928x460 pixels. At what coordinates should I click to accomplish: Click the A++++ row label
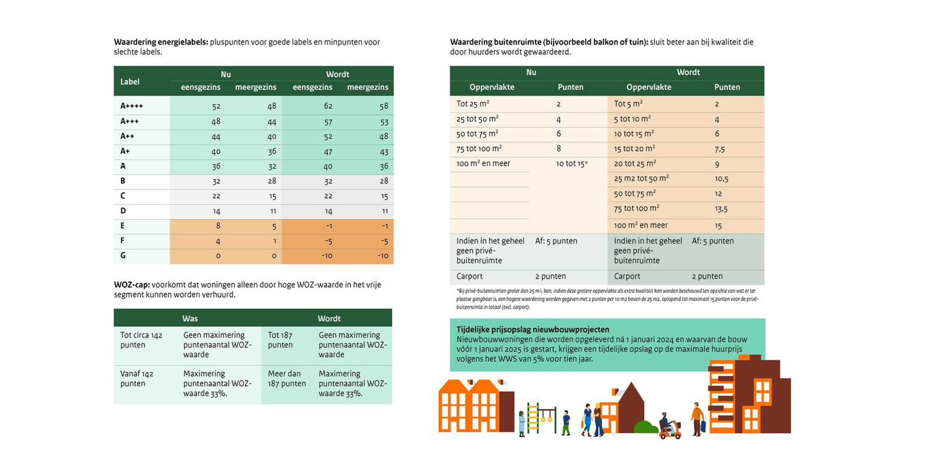pos(131,106)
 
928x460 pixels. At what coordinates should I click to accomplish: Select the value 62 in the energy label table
pos(328,106)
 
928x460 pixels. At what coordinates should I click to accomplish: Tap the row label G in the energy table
pos(123,255)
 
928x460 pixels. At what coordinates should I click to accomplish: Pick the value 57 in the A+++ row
pos(328,122)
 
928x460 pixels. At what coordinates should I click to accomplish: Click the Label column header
pos(130,81)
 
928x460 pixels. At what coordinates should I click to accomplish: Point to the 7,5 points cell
pos(720,149)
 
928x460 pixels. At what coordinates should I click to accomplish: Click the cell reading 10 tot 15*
pos(571,164)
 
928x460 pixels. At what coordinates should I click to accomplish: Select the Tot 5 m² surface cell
pos(628,104)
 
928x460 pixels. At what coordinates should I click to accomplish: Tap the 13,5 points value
pos(721,209)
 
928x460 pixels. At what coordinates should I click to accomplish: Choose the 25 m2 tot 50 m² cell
pos(641,178)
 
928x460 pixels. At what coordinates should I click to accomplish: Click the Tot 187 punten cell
pos(280,340)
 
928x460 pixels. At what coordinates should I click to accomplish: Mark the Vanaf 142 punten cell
pos(137,379)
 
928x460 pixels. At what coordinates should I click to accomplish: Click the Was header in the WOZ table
pos(190,318)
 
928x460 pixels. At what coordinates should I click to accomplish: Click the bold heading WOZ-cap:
pos(131,285)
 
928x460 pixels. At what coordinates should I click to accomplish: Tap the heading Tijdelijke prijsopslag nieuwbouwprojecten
pos(532,330)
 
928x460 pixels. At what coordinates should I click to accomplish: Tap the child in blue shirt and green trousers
pos(566,422)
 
